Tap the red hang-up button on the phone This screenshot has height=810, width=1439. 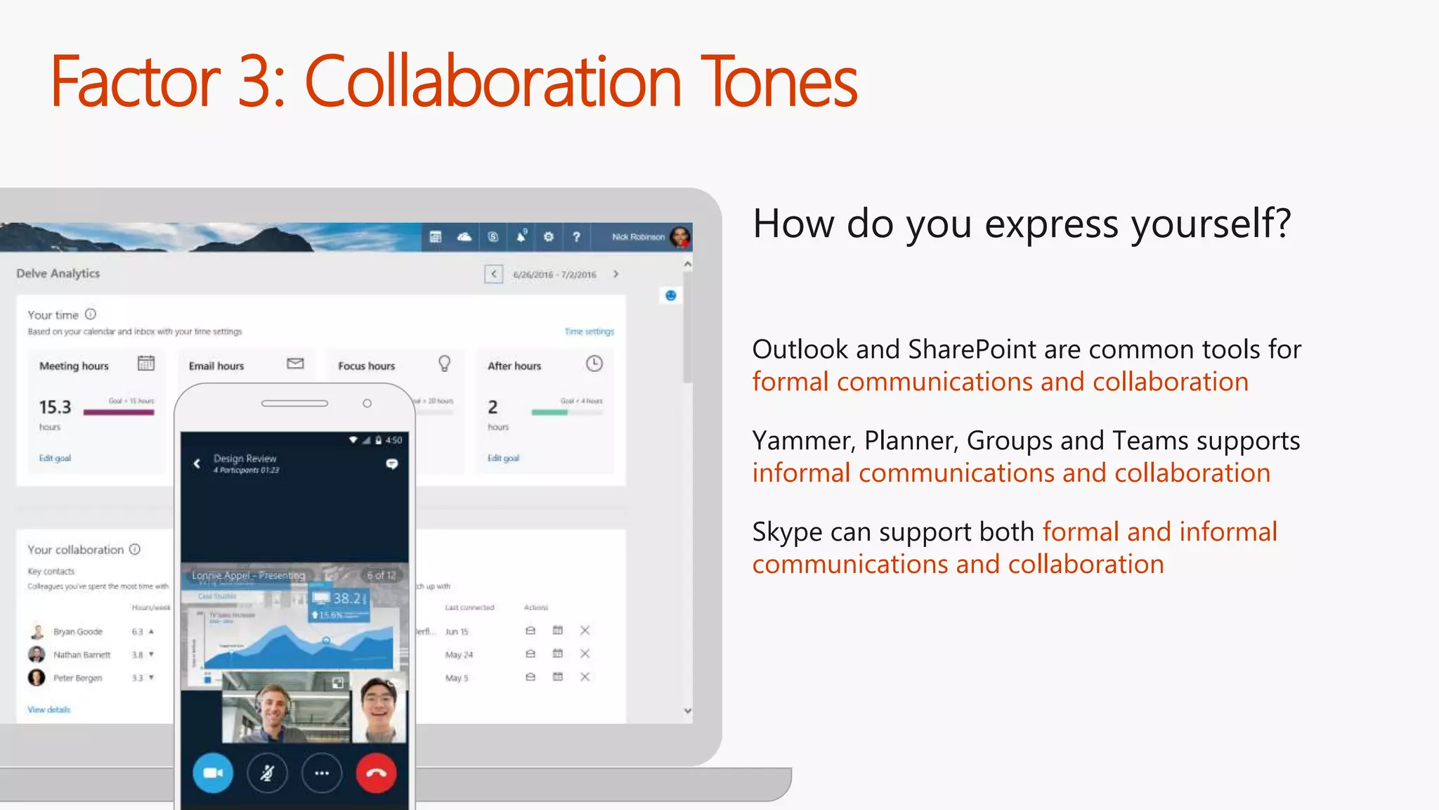coord(376,773)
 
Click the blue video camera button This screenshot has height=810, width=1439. coord(213,773)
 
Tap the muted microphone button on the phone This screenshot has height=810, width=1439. coord(267,773)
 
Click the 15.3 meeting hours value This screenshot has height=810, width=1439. coord(55,407)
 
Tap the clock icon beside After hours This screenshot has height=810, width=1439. coord(594,364)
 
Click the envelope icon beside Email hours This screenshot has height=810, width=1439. coord(295,364)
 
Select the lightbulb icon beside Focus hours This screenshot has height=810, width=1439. coord(444,364)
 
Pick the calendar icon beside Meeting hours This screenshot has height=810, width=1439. coord(146,364)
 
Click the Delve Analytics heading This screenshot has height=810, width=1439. coord(58,274)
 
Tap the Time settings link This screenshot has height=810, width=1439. coord(589,331)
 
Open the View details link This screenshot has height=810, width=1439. coord(49,709)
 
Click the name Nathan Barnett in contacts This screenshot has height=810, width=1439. coord(82,655)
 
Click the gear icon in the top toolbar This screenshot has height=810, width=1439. coord(549,237)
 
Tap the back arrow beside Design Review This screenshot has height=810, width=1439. coord(197,463)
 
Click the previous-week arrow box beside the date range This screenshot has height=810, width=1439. coord(494,274)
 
